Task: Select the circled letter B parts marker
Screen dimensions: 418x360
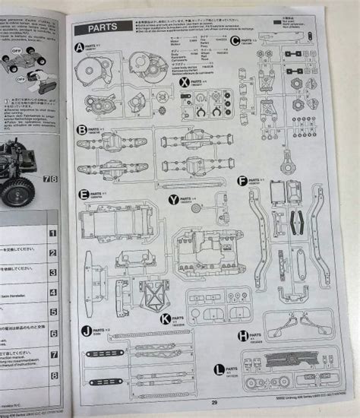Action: pos(82,130)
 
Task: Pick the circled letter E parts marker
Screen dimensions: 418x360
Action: pos(84,195)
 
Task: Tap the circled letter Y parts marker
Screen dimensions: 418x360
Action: pos(173,199)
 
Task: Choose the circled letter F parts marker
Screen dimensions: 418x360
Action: pos(242,181)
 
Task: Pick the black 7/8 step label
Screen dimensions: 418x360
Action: pos(49,179)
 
